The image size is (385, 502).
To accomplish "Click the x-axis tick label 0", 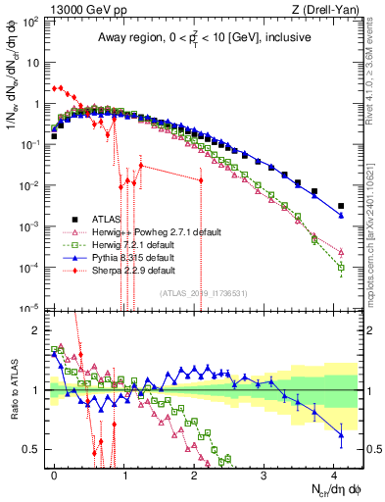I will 54,473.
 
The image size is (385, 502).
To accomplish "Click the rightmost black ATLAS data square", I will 341,206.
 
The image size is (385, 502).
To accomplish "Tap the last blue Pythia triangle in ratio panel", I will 341,432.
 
